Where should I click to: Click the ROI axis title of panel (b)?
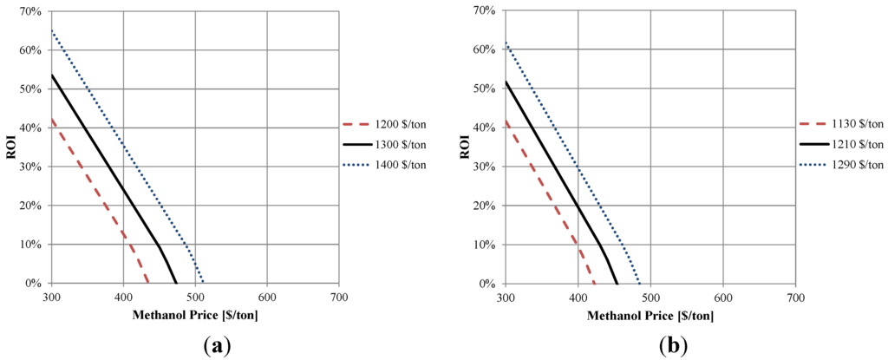[465, 147]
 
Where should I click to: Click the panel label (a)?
[216, 346]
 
